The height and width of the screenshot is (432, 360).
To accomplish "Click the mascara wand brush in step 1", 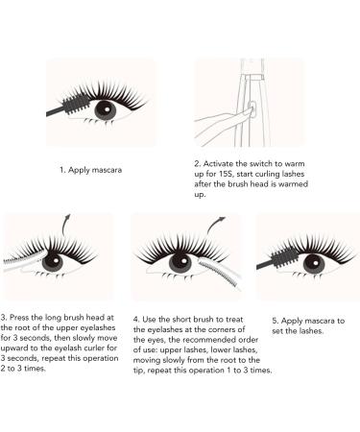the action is coord(74,104).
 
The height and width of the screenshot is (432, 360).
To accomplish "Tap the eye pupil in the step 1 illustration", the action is coord(106,110).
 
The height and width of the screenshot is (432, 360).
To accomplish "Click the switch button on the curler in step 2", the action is coord(252,108).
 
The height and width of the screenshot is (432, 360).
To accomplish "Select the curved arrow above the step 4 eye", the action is coord(213,224).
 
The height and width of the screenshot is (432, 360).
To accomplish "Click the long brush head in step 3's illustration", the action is coord(25,257).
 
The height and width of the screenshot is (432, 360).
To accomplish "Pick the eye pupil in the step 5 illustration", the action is coord(314,264).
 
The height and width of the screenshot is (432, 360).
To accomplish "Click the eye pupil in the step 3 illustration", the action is coord(53,261).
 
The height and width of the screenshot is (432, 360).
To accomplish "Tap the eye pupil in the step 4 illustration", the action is coord(180,262).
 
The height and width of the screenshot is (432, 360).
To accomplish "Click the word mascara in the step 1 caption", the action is coord(107,170).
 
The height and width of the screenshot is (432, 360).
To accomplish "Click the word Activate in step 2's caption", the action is coord(218,164).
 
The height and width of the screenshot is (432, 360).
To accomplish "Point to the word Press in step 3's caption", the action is coord(19,318).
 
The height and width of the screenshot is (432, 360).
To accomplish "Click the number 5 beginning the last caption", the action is coord(275,321).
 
